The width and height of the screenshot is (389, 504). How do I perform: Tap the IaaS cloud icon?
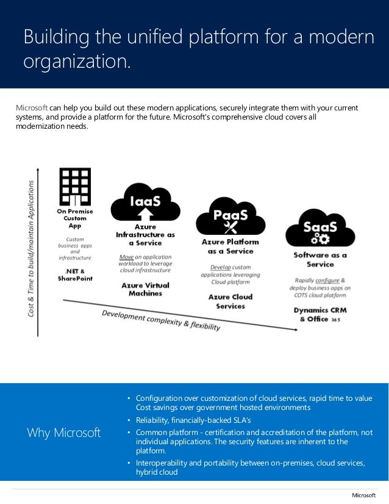tap(145, 201)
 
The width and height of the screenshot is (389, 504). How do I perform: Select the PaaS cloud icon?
tap(230, 217)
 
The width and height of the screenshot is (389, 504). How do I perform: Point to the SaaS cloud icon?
tap(319, 229)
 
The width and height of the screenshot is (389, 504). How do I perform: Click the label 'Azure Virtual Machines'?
tap(145, 289)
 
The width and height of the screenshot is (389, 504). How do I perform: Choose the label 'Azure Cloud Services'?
tap(230, 301)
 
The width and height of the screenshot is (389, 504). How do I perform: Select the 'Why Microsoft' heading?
tap(63, 433)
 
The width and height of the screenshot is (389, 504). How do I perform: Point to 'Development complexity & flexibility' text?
tap(161, 320)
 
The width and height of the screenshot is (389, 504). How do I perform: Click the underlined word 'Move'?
tap(127, 257)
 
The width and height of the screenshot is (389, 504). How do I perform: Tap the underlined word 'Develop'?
tap(221, 267)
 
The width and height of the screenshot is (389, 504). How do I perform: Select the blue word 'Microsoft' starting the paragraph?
tap(31, 108)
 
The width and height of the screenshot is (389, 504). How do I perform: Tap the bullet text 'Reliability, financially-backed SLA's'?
tap(193, 420)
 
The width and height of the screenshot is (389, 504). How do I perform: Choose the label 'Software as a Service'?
tap(320, 259)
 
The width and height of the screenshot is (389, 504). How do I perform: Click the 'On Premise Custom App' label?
tap(76, 218)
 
